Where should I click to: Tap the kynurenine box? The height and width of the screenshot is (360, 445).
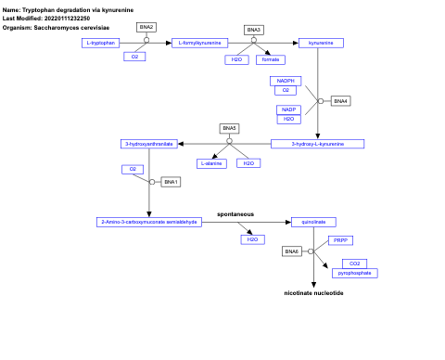[x=320, y=43]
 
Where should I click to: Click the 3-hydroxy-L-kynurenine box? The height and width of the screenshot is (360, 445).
[x=318, y=144]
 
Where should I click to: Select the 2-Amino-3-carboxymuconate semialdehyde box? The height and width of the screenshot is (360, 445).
[x=148, y=222]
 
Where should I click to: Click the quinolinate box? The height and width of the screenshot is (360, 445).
[x=313, y=222]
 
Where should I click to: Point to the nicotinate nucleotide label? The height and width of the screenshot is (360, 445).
[x=313, y=293]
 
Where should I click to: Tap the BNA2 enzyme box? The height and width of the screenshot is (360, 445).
[x=146, y=27]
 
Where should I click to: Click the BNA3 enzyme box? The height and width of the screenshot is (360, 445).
[x=254, y=29]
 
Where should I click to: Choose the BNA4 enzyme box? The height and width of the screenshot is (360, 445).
[x=340, y=100]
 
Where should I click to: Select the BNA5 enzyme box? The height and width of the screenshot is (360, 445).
[x=229, y=127]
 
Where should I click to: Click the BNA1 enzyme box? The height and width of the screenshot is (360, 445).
[x=171, y=182]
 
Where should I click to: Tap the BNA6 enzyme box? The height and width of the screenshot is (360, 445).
[x=292, y=251]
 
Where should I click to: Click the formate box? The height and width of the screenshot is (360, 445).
[x=271, y=59]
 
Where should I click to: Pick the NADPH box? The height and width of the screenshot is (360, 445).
[x=286, y=81]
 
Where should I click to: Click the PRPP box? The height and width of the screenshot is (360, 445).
[x=339, y=240]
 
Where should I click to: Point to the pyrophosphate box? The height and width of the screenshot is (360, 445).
[x=355, y=274]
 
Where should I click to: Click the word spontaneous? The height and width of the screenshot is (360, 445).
[x=235, y=213]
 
